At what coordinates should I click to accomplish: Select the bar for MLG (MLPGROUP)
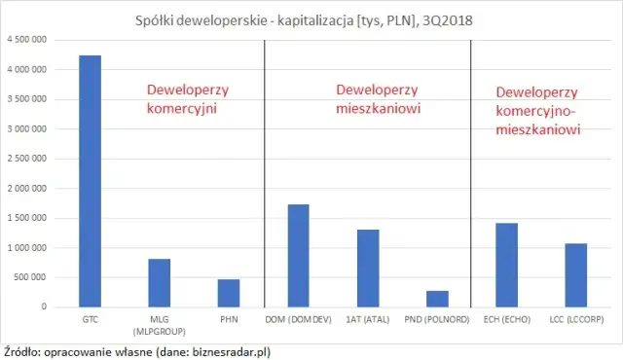pos(160,283)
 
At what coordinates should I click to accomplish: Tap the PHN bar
pos(229,293)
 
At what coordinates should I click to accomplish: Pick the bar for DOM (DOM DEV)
pos(298,256)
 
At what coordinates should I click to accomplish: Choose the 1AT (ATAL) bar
pos(367,269)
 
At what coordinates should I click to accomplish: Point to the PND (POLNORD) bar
pos(437,299)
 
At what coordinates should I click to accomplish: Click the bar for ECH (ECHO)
pos(506,266)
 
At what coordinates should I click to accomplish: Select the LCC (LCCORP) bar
pos(575,275)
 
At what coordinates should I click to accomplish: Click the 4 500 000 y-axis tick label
pos(27,40)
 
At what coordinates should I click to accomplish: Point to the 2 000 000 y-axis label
pos(27,189)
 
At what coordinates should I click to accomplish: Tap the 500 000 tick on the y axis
pos(31,277)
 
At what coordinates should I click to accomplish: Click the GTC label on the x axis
pos(90,318)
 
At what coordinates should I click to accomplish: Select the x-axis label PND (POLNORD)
pos(437,318)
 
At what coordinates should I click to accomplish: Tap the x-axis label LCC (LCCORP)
pos(575,318)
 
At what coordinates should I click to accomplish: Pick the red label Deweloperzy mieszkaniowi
pos(378,100)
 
